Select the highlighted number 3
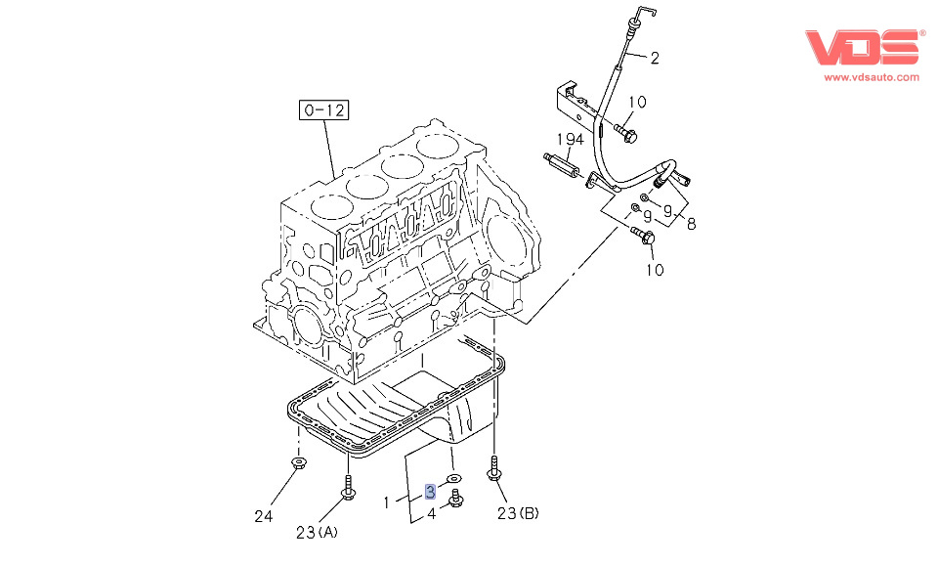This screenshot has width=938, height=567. [x=430, y=491]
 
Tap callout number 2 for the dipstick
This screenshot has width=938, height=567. [x=654, y=58]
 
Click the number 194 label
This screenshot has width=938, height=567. [x=571, y=140]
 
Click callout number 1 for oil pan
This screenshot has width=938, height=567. [x=388, y=502]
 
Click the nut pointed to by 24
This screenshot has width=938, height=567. [x=296, y=463]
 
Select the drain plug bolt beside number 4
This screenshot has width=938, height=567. [x=454, y=502]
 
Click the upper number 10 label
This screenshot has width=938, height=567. [x=636, y=102]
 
